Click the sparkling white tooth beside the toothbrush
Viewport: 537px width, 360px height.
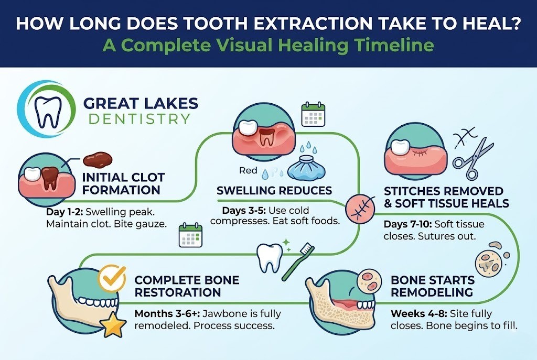(x=271, y=256)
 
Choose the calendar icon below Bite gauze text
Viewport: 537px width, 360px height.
(x=190, y=235)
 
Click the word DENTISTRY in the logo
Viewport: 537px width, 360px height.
(x=139, y=118)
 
